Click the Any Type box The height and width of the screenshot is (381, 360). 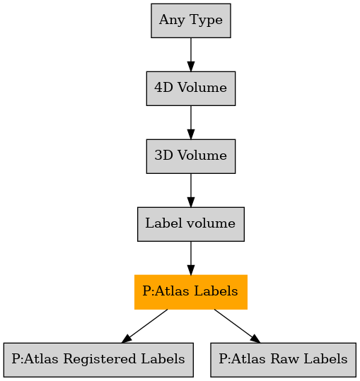point(191,20)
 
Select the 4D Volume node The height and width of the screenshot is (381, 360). point(191,88)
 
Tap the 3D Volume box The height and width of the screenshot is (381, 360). point(191,156)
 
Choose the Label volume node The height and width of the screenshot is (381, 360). point(191,224)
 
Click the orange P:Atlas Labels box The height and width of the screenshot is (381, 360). point(191,292)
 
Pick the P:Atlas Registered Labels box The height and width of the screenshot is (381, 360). point(98,360)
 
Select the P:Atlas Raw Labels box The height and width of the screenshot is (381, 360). point(283,360)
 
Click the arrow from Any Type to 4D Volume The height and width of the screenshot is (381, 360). point(191,54)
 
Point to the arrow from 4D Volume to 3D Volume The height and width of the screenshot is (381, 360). point(191,122)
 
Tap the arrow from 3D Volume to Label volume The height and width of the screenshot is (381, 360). point(191,191)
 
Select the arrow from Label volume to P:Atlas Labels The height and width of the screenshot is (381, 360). point(191,258)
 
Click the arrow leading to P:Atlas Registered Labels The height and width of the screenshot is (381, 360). point(144,326)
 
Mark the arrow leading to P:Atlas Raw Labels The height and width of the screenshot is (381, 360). point(237,326)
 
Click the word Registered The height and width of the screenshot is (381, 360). point(100,360)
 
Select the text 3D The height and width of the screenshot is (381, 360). point(164,156)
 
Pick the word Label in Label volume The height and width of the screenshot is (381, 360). point(163,223)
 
